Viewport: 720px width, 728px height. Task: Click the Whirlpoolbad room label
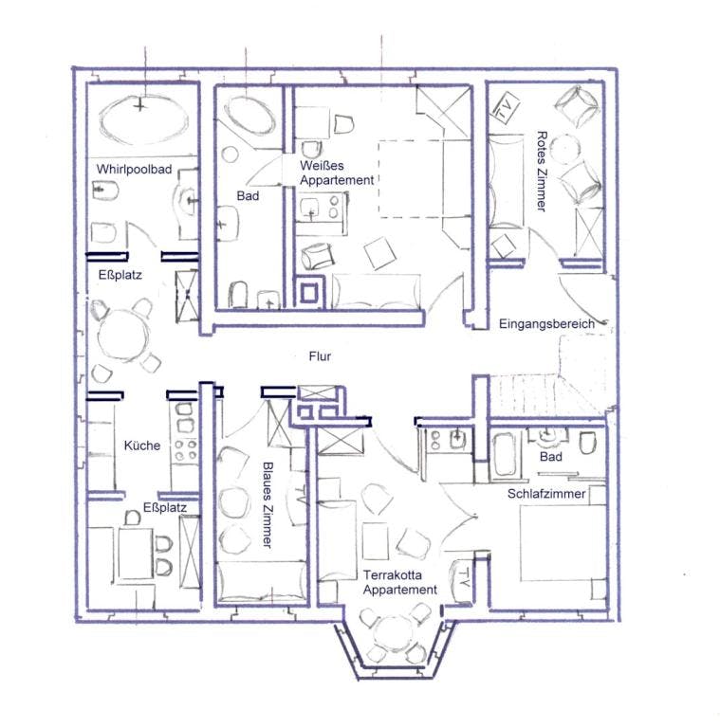pos(134,170)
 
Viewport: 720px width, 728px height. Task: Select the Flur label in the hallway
pos(320,356)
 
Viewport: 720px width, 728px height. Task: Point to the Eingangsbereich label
pos(546,324)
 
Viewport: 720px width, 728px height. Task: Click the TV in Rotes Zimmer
pos(504,108)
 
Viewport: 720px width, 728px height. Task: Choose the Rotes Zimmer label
pos(541,171)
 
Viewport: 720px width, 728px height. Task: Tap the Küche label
pos(142,446)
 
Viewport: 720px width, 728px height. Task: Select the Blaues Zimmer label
pos(268,504)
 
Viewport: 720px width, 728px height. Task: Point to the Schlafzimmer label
pos(546,494)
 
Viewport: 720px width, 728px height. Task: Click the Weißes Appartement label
pos(337,173)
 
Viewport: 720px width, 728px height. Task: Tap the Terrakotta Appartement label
pos(400,583)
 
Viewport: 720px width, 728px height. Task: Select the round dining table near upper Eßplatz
pos(123,334)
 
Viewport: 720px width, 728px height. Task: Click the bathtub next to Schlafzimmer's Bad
pos(504,455)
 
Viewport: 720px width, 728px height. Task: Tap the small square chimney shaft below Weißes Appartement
pos(309,294)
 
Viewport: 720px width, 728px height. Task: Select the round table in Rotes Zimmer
pos(564,149)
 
